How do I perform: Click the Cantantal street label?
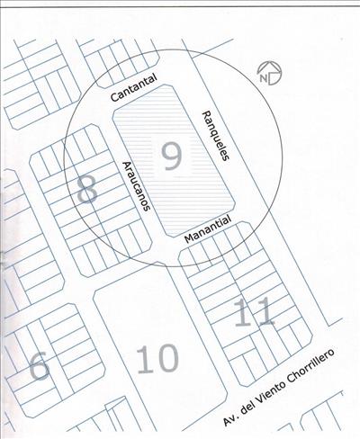pos(134,87)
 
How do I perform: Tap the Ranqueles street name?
pos(216,136)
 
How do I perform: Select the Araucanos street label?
pos(136,186)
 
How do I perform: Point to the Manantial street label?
pos(208,229)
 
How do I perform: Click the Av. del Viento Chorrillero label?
pos(279,387)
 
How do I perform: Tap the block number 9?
pos(171,157)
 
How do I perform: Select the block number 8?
pos(87,189)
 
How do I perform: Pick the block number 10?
pos(158,359)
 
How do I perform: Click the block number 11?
pos(255,312)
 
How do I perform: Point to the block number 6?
pos(40,366)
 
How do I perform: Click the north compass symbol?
pos(270,74)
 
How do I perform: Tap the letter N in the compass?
pos(264,78)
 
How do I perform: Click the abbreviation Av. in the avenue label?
pos(230,418)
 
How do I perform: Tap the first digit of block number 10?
pos(142,359)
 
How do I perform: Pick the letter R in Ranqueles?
pos(206,114)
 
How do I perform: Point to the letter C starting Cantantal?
pos(114,97)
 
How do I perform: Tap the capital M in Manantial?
pos(190,239)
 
